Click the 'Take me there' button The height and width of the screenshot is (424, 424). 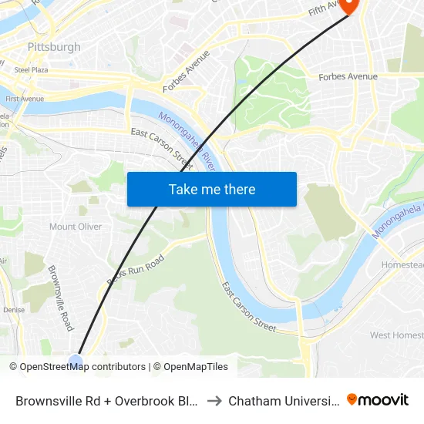pyautogui.click(x=212, y=190)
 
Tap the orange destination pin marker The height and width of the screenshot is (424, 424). pyautogui.click(x=348, y=6)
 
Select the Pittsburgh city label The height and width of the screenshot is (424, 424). pyautogui.click(x=54, y=47)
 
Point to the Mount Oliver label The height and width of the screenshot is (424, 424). pyautogui.click(x=74, y=227)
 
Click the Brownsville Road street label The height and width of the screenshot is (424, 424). pyautogui.click(x=60, y=298)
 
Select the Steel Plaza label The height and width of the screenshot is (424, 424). pyautogui.click(x=32, y=69)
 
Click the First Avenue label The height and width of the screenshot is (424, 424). pyautogui.click(x=24, y=99)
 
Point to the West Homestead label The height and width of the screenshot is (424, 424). pyautogui.click(x=396, y=335)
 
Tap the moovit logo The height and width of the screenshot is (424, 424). pyautogui.click(x=378, y=399)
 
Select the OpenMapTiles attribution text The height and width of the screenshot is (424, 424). pyautogui.click(x=190, y=367)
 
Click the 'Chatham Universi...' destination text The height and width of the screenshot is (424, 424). pyautogui.click(x=283, y=400)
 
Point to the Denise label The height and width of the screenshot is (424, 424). pyautogui.click(x=14, y=310)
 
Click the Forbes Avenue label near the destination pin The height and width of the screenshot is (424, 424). pyautogui.click(x=348, y=76)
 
